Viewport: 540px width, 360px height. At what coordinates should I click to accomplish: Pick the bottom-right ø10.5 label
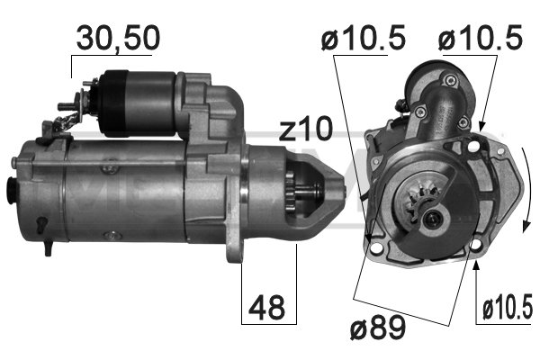(x=506, y=310)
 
